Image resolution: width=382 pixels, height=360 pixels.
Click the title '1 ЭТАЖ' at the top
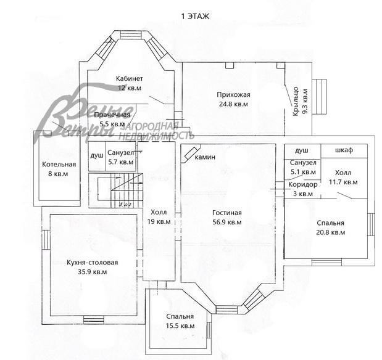pos(191,17)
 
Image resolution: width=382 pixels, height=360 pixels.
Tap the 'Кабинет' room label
pos(130,79)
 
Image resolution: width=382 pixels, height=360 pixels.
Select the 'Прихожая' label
pos(233,94)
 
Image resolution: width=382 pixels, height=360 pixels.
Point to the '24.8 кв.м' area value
pos(233,104)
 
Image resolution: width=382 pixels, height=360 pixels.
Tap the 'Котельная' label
pos(59,165)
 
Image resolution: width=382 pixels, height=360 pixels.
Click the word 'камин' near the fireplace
pos(205,157)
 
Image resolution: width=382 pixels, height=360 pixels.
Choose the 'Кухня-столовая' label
pos(92,262)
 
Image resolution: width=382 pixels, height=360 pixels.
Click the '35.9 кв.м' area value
pos(92,271)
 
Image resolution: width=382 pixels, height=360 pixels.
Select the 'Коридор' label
pos(302,184)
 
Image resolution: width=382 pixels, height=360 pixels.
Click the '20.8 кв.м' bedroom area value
pos(330,232)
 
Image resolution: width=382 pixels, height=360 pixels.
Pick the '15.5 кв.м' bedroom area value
pos(180,325)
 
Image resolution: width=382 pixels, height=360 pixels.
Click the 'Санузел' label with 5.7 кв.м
pos(120,153)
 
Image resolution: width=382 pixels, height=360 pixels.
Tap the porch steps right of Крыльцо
pos(322,97)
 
